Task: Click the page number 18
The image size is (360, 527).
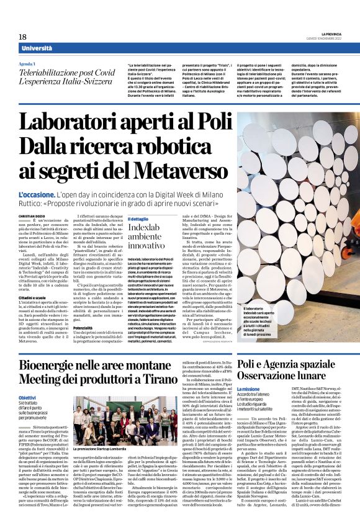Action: coord(23,37)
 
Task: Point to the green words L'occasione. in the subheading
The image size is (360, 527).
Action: coord(37,195)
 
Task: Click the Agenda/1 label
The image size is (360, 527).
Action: coord(27,64)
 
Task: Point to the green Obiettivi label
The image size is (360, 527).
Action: coord(27,397)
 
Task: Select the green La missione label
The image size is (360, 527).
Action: coord(252,389)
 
